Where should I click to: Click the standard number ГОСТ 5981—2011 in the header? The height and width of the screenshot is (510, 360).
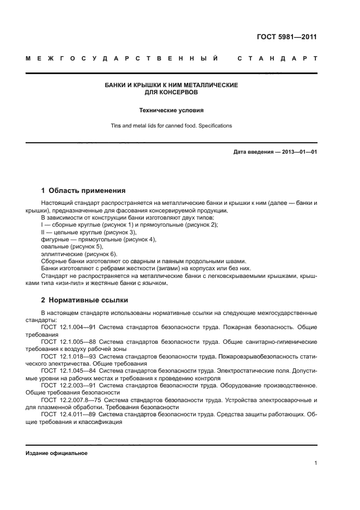point(286,38)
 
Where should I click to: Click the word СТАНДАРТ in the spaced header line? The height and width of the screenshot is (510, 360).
point(277,58)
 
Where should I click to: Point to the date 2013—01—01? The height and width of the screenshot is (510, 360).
point(297,152)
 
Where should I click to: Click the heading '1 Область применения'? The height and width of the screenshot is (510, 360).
point(83,191)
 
